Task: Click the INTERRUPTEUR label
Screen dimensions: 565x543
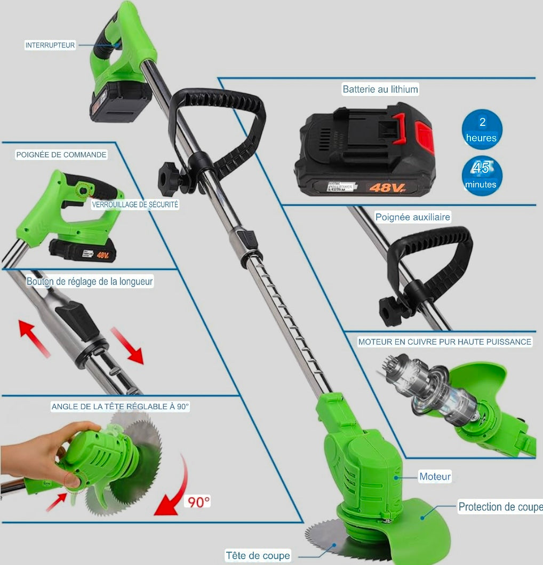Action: [50, 45]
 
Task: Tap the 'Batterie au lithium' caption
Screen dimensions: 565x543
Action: [380, 89]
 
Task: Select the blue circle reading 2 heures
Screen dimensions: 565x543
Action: [482, 130]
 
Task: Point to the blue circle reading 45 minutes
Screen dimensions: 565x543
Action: [481, 176]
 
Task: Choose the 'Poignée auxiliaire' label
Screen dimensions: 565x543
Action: [413, 217]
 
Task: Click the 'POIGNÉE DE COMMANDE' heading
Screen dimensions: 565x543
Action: [61, 155]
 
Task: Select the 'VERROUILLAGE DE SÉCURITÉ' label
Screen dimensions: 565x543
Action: [135, 204]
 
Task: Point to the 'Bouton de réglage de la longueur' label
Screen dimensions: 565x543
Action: [90, 281]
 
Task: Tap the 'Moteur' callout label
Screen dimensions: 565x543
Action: [435, 476]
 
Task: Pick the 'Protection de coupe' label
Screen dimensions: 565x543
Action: [500, 507]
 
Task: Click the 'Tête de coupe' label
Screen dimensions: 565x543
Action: [258, 555]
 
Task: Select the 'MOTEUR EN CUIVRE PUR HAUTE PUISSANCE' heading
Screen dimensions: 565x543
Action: [445, 341]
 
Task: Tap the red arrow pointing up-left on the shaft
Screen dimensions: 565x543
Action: [34, 337]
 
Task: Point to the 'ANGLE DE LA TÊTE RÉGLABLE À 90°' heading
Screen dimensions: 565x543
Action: [120, 407]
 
